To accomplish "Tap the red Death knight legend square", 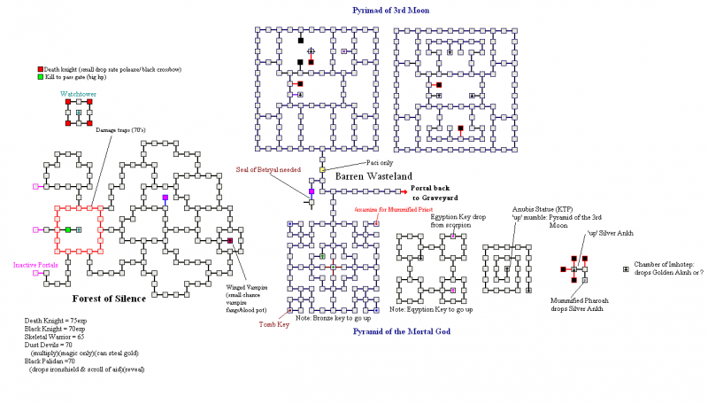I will [40, 69].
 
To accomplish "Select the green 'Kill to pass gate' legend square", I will [40, 78].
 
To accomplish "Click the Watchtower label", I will [78, 93].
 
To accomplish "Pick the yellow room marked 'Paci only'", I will [322, 169].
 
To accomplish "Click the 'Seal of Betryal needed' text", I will [269, 169].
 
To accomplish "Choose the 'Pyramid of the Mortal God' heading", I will [402, 331].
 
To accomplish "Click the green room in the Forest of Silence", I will [67, 230].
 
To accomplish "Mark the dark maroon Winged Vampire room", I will [230, 241].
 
